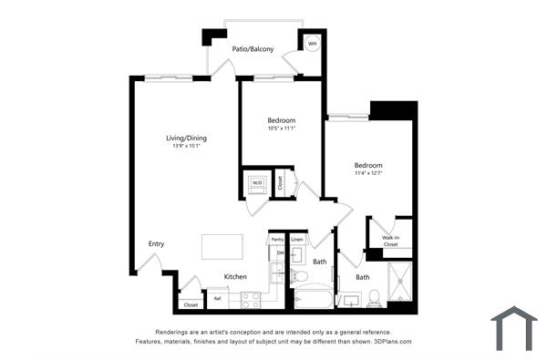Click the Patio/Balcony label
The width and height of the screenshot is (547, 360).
(253, 50)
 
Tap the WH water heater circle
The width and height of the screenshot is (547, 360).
(312, 44)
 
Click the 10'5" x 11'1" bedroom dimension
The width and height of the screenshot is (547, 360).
(281, 129)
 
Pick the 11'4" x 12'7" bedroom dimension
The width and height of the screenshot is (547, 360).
(368, 173)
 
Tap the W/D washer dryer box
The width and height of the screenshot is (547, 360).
(257, 182)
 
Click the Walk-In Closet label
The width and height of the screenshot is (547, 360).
(390, 241)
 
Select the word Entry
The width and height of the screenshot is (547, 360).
(156, 243)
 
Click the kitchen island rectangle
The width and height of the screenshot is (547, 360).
(222, 246)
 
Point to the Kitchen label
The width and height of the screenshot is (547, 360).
(235, 276)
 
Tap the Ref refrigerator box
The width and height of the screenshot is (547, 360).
(218, 297)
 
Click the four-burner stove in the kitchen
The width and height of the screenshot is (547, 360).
(251, 299)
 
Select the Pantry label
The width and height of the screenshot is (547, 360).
(277, 240)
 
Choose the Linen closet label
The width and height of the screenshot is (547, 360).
(297, 240)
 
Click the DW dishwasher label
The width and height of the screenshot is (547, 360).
(280, 252)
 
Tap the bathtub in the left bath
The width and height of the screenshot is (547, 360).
(314, 298)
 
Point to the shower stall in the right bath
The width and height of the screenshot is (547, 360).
(400, 283)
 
